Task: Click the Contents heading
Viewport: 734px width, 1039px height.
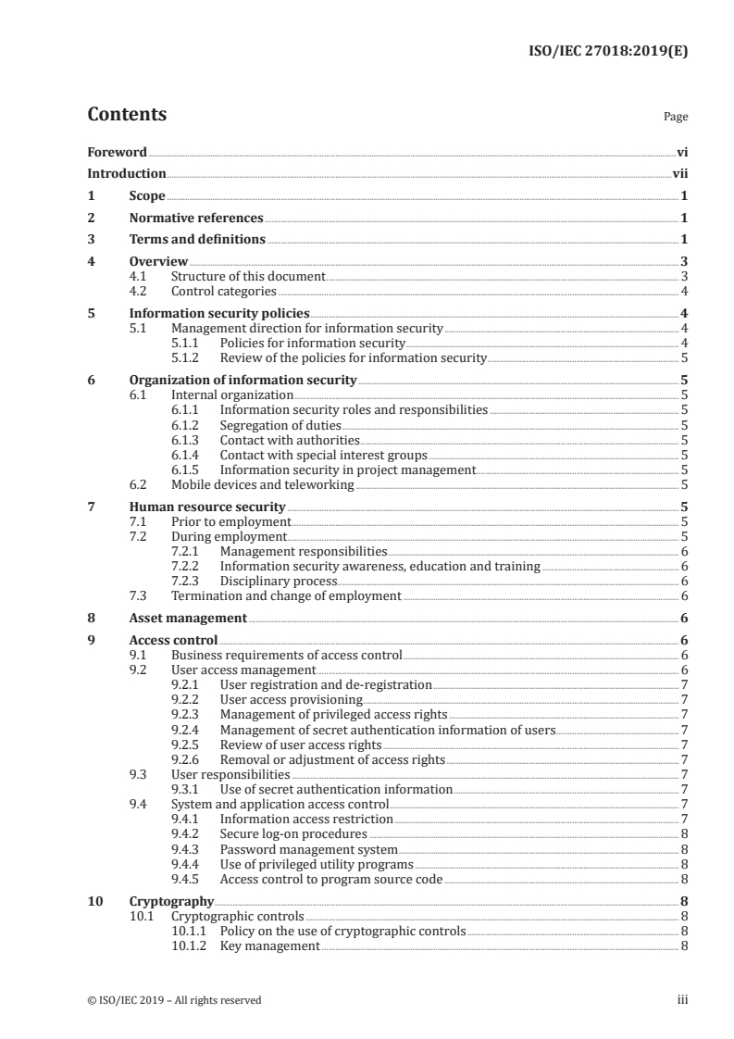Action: point(127,115)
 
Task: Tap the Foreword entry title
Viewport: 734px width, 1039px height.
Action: point(117,152)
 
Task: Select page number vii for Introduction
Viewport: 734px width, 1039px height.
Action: point(679,173)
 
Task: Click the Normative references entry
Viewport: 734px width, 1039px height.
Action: point(196,218)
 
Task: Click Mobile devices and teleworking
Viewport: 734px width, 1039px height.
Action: point(263,484)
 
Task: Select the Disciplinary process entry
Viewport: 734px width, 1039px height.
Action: point(278,581)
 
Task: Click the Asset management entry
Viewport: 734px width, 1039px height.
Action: point(188,618)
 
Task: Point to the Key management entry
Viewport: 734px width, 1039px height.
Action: point(269,945)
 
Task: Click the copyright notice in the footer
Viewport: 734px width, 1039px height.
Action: point(174,1000)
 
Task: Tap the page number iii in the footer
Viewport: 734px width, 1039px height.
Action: point(682,1000)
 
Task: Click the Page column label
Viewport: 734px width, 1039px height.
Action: point(676,118)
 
